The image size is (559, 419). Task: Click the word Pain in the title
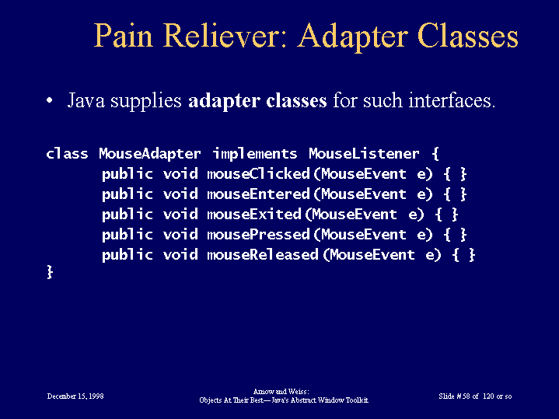(x=124, y=36)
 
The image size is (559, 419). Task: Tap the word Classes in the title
(x=468, y=36)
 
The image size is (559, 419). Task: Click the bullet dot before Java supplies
(x=50, y=100)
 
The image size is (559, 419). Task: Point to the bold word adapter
(x=224, y=101)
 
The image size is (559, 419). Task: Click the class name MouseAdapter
(x=150, y=154)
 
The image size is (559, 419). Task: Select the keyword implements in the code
(x=255, y=154)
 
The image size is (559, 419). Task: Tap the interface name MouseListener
(x=364, y=154)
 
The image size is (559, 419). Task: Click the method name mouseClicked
(x=258, y=174)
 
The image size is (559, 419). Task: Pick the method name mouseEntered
(x=258, y=194)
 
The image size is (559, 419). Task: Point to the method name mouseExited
(x=254, y=215)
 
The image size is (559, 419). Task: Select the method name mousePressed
(x=258, y=235)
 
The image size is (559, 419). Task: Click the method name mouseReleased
(x=263, y=255)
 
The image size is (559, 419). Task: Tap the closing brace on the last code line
(x=50, y=272)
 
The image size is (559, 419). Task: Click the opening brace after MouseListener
(x=435, y=154)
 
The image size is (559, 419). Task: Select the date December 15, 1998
(x=75, y=396)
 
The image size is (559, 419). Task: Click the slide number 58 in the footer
(x=466, y=396)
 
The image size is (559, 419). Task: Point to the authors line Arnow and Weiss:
(x=281, y=392)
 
